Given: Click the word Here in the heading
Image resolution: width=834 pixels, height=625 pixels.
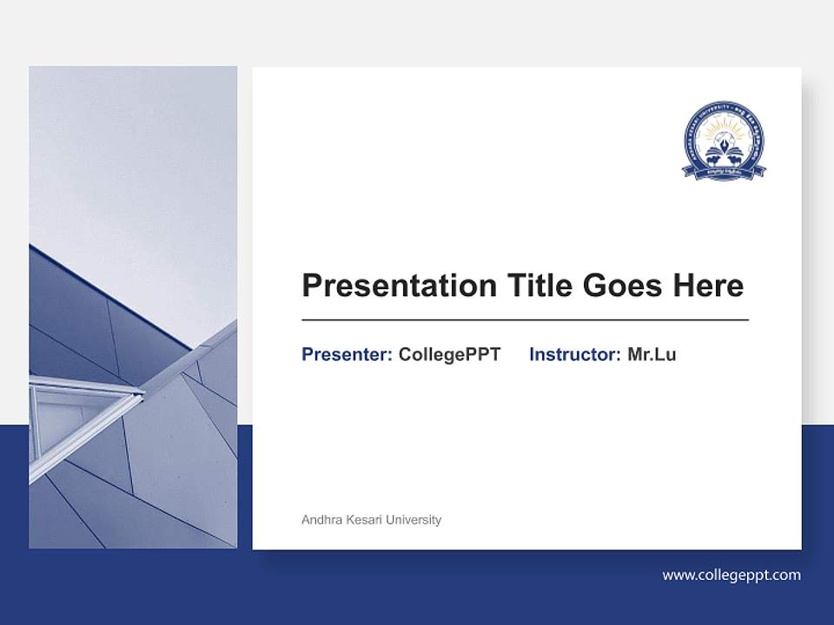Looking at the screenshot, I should [710, 286].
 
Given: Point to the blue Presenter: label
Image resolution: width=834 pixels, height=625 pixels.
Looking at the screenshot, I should [347, 354].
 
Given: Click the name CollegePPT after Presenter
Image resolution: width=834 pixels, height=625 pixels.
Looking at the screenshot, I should [449, 354].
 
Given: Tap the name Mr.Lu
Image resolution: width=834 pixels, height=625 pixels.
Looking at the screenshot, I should [652, 354].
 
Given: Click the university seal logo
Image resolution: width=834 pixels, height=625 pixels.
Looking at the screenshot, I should [724, 141].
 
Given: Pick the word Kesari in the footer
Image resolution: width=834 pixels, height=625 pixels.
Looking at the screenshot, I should [364, 520].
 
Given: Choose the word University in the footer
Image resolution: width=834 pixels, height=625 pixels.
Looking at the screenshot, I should [414, 520].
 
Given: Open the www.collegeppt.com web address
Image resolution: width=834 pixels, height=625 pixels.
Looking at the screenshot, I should [731, 575].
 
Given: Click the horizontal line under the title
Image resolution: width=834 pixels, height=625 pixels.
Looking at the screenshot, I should [525, 320].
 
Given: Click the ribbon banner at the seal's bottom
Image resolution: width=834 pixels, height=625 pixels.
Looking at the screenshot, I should [724, 172].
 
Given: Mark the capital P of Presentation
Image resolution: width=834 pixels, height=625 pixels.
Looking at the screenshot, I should [311, 286].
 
